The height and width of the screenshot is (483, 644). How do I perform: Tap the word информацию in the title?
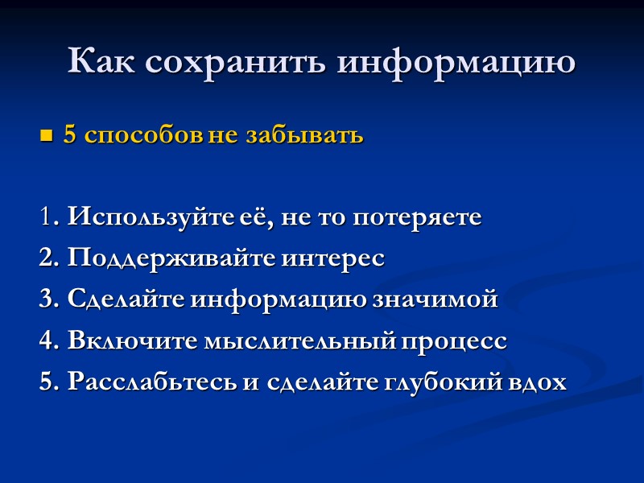coord(455,62)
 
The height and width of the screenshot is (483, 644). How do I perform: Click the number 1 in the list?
coord(44,217)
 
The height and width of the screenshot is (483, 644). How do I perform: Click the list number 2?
coord(44,259)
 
